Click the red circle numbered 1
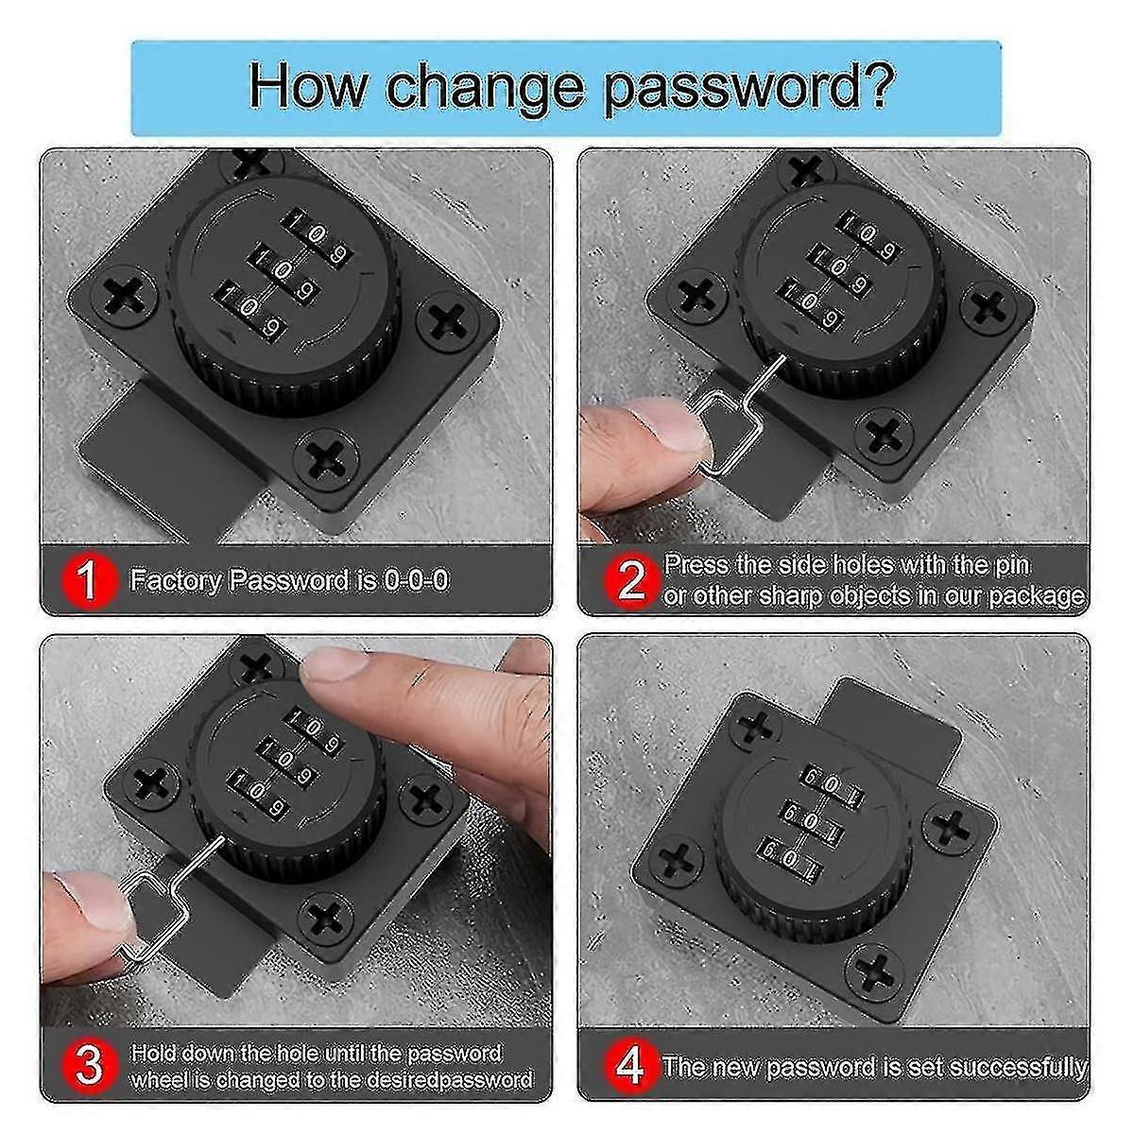pos(87,580)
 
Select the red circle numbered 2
pos(631,580)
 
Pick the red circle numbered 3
pos(87,1066)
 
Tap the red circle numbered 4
pos(631,1066)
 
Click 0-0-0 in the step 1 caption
pos(416,580)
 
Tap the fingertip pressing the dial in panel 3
pos(335,673)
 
